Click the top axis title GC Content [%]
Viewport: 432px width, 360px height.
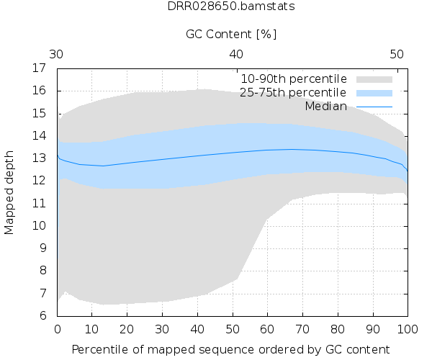coord(231,34)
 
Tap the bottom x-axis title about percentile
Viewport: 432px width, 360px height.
coord(231,348)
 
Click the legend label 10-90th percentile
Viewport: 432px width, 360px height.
coord(294,78)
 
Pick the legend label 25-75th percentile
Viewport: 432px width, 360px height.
coord(294,93)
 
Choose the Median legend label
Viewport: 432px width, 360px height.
coord(325,107)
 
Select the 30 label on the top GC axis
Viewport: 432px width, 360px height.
coord(58,54)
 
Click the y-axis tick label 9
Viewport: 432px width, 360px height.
coord(42,248)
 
